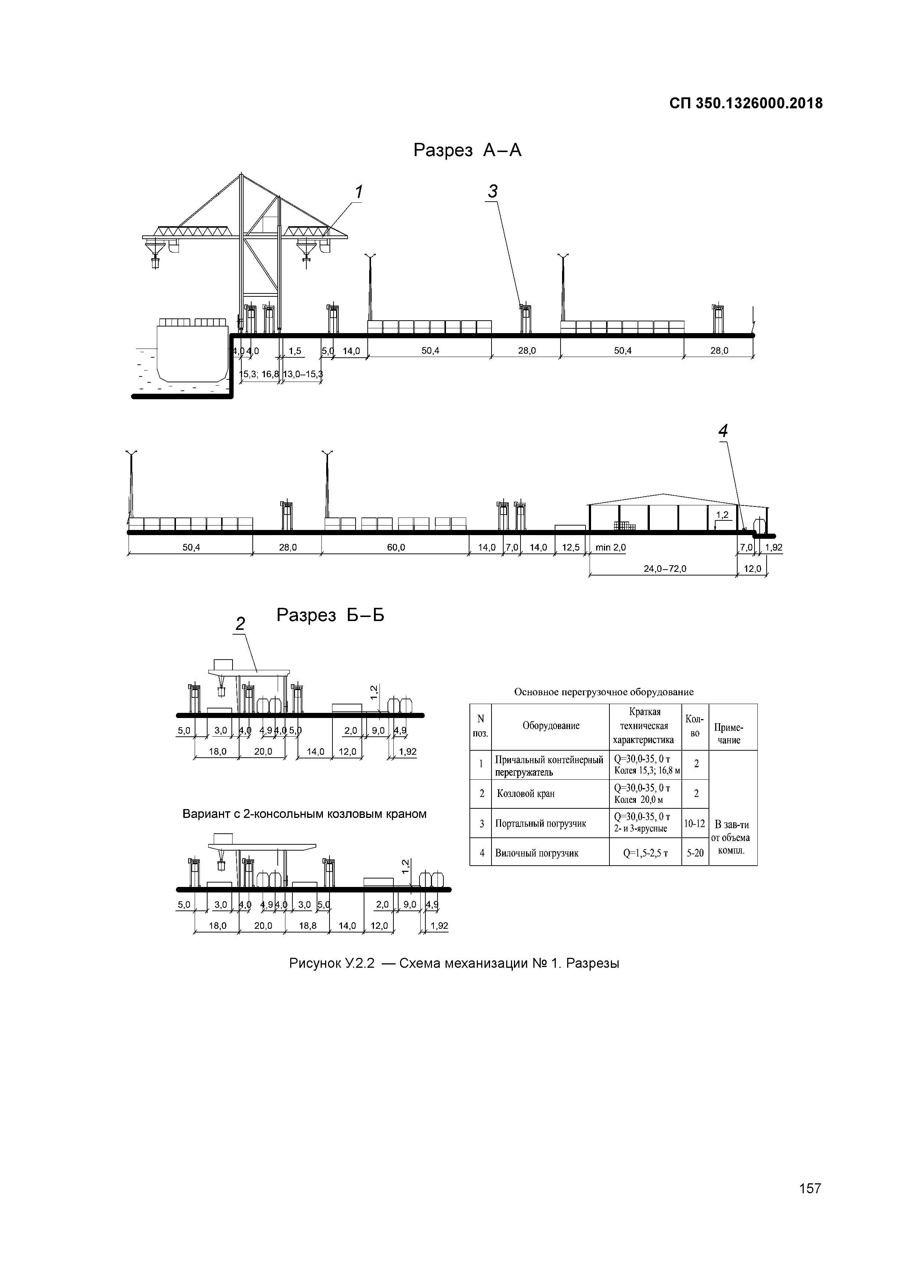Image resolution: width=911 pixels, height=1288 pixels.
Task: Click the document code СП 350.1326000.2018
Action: tap(746, 104)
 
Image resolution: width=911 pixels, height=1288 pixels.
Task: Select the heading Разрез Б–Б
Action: tap(330, 616)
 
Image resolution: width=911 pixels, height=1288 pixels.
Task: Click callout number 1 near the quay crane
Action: tap(358, 192)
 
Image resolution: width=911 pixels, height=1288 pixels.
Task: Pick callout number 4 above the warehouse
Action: tap(723, 432)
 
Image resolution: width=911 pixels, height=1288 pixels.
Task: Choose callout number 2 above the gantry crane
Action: tap(240, 624)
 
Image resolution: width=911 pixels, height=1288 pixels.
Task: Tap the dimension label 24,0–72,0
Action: tap(665, 569)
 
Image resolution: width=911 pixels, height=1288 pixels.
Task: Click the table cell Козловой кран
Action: tap(526, 794)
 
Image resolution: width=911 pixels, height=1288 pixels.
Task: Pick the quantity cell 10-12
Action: tap(695, 823)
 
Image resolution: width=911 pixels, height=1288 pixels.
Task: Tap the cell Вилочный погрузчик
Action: tap(536, 853)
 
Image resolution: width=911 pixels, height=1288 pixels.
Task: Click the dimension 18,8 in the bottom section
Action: tap(307, 926)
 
